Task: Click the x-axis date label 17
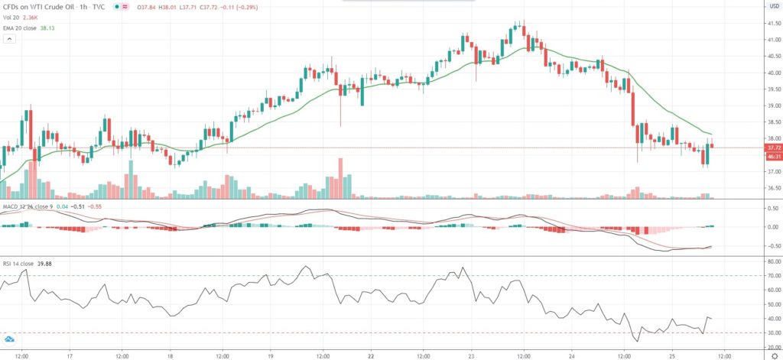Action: [x=69, y=355]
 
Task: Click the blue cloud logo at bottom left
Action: [x=9, y=339]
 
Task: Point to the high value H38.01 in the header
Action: [x=165, y=6]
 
